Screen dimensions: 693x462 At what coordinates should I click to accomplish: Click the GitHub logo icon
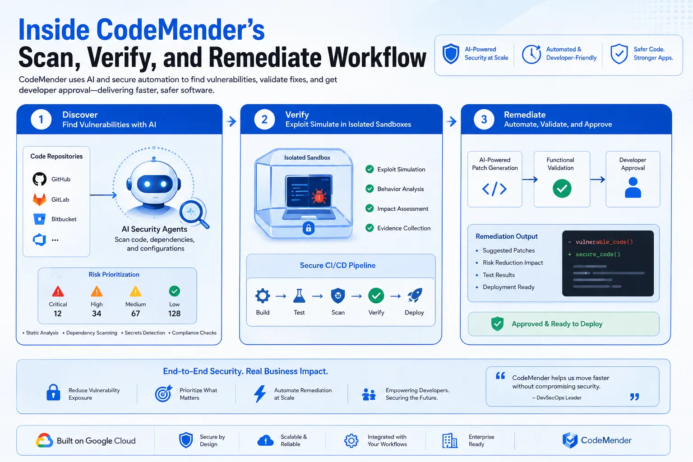click(x=40, y=179)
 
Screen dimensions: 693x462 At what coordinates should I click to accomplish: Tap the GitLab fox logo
click(x=39, y=199)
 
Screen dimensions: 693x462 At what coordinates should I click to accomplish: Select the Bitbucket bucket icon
click(x=39, y=219)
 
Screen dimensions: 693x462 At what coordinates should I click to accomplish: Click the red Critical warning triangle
click(x=58, y=291)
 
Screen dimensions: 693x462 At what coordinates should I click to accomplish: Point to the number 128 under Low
click(x=174, y=314)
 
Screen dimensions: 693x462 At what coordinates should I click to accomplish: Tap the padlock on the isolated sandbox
click(x=309, y=228)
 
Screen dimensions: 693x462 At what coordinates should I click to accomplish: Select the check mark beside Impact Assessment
click(x=370, y=208)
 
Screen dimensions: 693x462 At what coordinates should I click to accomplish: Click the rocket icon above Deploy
click(x=415, y=296)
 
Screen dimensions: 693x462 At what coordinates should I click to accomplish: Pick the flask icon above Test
click(x=299, y=296)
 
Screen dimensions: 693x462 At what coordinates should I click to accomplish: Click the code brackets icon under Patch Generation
click(x=494, y=189)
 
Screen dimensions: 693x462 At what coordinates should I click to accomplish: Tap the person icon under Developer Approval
click(x=633, y=188)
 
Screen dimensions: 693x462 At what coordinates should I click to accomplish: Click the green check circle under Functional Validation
click(x=562, y=189)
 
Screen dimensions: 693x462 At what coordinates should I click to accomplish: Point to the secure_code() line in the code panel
click(x=594, y=254)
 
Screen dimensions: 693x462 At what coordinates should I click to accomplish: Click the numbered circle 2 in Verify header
click(x=264, y=120)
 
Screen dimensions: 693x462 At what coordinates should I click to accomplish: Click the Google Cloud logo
click(x=44, y=440)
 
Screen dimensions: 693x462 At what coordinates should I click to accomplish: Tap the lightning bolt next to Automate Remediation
click(x=260, y=393)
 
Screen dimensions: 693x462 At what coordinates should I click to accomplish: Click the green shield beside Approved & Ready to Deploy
click(x=497, y=323)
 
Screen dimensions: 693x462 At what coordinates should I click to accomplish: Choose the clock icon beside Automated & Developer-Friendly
click(x=531, y=54)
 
